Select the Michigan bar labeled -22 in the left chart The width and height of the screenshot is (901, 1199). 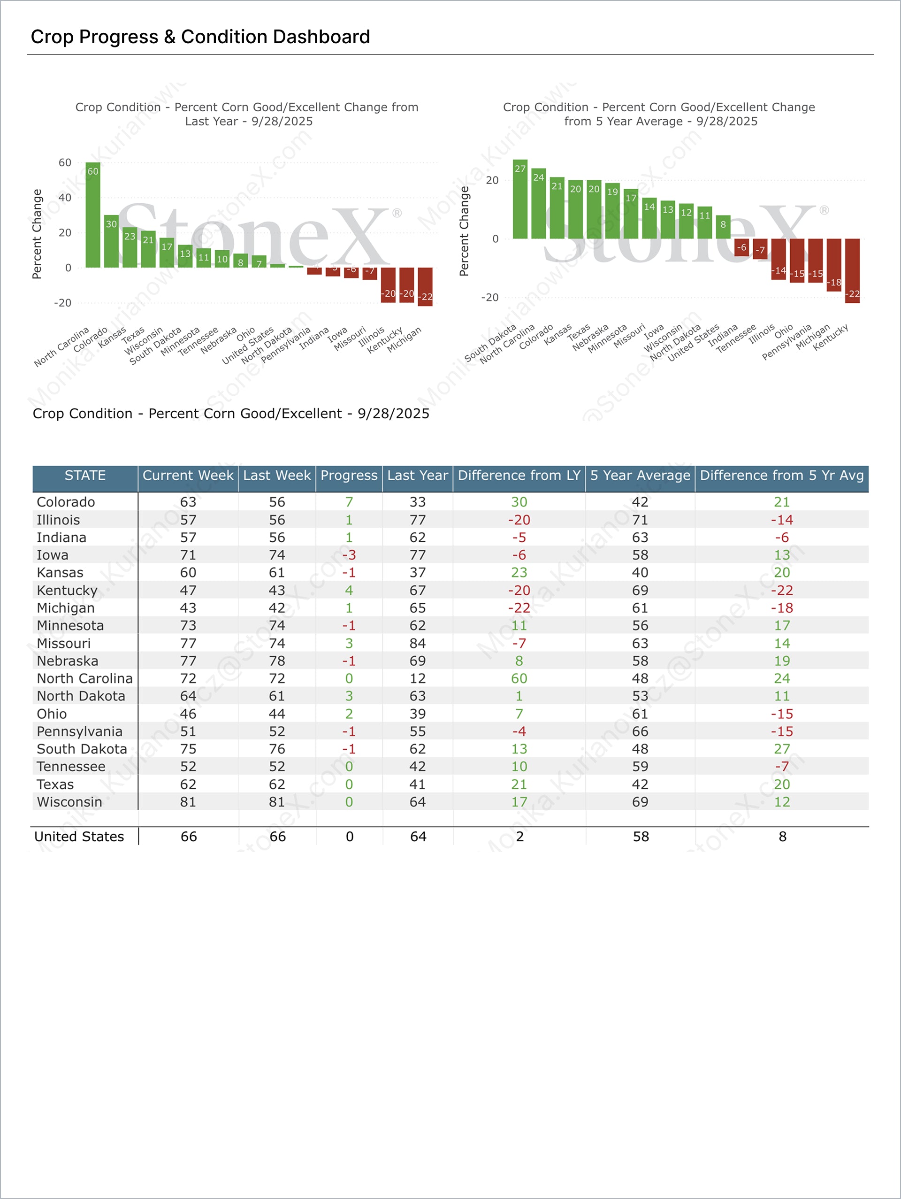[425, 287]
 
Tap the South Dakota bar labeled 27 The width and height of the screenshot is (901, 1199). [520, 200]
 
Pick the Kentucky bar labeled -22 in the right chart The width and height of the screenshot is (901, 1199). [852, 270]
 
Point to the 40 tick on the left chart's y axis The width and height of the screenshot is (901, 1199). [65, 198]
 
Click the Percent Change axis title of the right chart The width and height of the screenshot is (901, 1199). [464, 231]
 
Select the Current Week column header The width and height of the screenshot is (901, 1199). [188, 476]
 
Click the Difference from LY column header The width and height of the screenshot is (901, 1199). [519, 476]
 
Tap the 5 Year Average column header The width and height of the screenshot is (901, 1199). [640, 476]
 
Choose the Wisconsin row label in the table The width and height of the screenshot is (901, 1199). [69, 802]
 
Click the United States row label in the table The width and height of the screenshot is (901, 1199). [79, 837]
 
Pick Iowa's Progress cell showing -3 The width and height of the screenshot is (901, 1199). [349, 555]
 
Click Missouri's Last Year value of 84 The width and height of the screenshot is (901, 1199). [418, 644]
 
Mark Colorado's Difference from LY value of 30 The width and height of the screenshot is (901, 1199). [519, 502]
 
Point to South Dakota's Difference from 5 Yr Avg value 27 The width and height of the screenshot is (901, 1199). [782, 749]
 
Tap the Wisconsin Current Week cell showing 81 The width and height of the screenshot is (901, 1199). [188, 802]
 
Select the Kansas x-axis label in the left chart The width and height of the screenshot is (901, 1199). [112, 337]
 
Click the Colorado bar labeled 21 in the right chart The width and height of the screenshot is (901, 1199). [557, 208]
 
